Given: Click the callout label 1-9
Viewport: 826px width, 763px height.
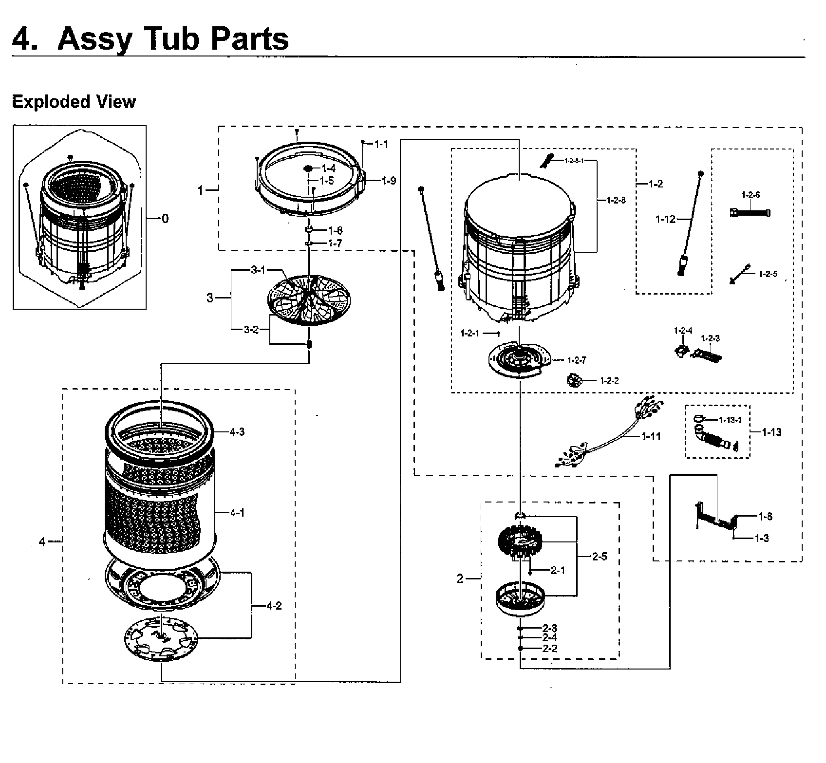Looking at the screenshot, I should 388,181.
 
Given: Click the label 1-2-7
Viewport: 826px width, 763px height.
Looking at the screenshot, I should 577,360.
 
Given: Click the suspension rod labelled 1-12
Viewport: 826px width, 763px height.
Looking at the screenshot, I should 691,224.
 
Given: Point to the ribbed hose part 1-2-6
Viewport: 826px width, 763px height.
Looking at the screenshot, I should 750,213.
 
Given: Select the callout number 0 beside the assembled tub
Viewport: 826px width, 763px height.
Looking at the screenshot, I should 165,219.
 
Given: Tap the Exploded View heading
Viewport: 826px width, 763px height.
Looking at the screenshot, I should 74,102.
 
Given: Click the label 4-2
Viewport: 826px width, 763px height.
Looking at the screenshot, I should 274,606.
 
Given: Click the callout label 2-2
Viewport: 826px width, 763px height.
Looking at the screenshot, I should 549,649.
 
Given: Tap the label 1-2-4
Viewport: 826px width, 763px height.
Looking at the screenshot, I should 683,331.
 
